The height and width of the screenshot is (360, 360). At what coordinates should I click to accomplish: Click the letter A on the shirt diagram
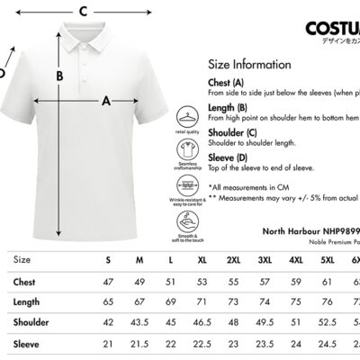pyautogui.click(x=105, y=101)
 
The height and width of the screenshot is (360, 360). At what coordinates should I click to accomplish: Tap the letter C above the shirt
pyautogui.click(x=82, y=11)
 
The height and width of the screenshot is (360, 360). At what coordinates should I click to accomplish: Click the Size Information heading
pyautogui.click(x=249, y=65)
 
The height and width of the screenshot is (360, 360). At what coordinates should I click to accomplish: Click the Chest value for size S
pyautogui.click(x=108, y=281)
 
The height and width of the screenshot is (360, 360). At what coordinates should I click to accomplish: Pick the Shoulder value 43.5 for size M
pyautogui.click(x=139, y=322)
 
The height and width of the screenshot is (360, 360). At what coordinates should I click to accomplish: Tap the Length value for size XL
pyautogui.click(x=202, y=301)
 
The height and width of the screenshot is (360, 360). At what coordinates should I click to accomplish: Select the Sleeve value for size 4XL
pyautogui.click(x=295, y=343)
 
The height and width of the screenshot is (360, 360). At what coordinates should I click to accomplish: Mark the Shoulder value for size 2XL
pyautogui.click(x=233, y=322)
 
